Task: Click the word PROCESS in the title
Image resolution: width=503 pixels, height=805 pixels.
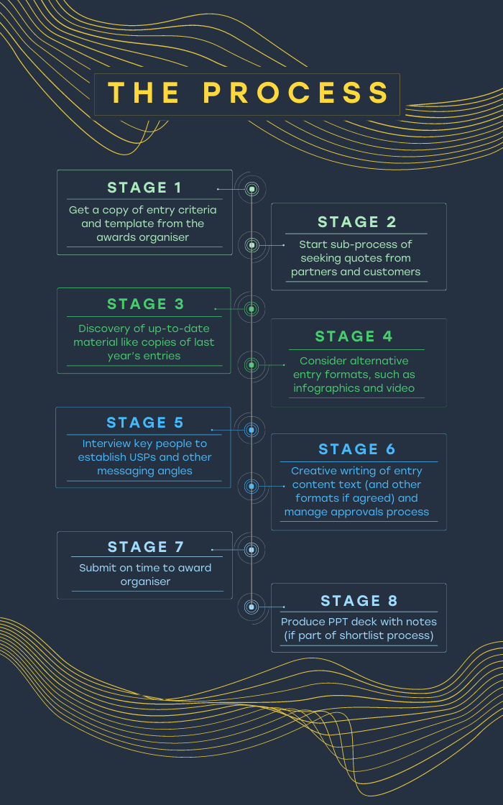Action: click(296, 93)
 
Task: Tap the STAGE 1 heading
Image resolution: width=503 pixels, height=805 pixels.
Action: click(144, 188)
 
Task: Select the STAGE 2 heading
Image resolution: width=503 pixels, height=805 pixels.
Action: click(356, 222)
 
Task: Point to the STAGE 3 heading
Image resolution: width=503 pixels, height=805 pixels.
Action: click(145, 304)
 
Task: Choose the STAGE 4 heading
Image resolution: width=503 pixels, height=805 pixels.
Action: click(354, 336)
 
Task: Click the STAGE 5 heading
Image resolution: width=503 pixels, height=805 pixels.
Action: click(144, 423)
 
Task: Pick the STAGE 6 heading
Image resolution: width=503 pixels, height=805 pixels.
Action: click(356, 449)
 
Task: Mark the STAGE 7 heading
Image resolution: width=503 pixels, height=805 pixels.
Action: click(146, 547)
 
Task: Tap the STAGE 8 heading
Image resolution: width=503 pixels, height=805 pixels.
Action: click(359, 601)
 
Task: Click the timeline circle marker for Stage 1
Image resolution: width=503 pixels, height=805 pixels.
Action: click(251, 190)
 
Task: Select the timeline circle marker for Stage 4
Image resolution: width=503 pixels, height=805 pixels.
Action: click(251, 365)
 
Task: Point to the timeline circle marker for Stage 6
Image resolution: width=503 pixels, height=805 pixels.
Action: click(251, 486)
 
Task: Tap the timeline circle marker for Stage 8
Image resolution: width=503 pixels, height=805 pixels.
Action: click(251, 607)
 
